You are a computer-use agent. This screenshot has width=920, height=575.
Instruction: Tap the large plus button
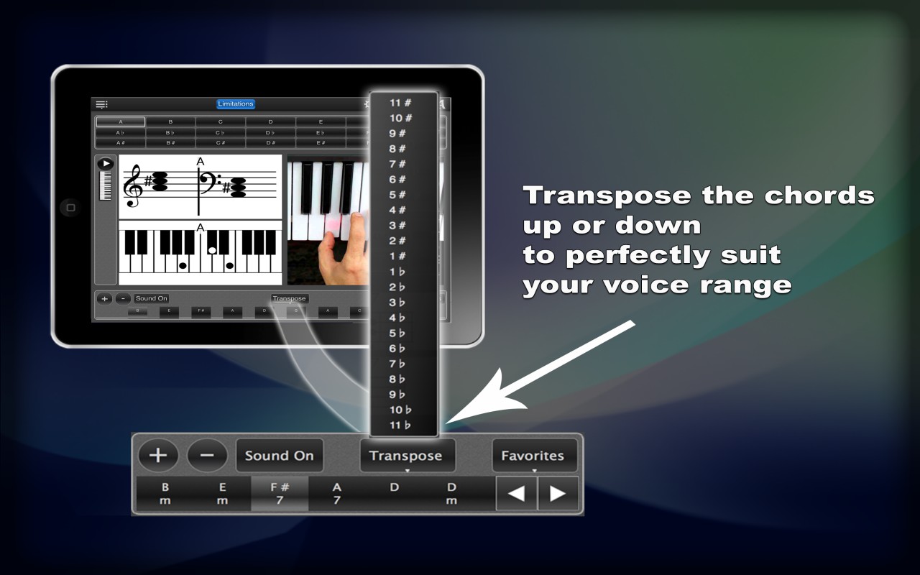(x=157, y=455)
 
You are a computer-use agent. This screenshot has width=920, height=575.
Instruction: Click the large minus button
(x=207, y=455)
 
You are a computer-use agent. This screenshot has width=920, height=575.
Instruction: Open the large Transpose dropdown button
(x=405, y=456)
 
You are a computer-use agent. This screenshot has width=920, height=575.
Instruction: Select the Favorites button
(x=533, y=456)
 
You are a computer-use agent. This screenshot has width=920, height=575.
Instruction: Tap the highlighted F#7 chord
(x=280, y=494)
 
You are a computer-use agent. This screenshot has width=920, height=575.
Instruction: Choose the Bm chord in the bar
(x=165, y=494)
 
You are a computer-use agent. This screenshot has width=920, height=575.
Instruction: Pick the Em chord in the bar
(x=223, y=494)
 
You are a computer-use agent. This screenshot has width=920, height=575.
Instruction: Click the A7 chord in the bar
(x=336, y=494)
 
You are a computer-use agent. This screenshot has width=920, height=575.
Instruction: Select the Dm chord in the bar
(x=451, y=494)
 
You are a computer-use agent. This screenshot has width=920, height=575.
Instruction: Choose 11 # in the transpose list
(x=400, y=103)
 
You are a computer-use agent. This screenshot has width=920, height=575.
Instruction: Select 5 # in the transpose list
(x=397, y=195)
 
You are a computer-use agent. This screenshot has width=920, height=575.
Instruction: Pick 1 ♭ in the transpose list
(x=397, y=272)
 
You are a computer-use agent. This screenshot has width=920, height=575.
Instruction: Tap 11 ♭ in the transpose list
(x=400, y=425)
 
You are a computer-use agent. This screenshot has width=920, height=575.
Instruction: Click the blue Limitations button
(x=236, y=104)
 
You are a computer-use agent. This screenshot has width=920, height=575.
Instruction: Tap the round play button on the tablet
(x=106, y=164)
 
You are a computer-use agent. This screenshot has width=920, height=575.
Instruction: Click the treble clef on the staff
(x=133, y=185)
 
